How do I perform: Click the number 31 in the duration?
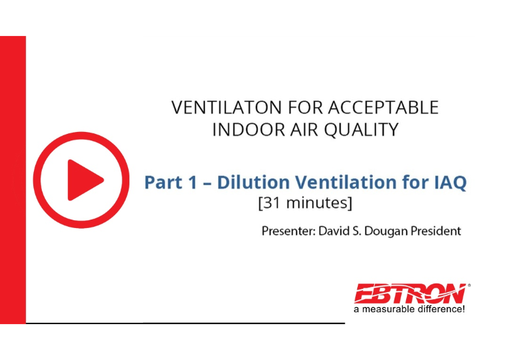(273, 203)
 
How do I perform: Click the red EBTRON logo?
(409, 293)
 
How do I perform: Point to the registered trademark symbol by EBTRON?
(469, 286)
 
